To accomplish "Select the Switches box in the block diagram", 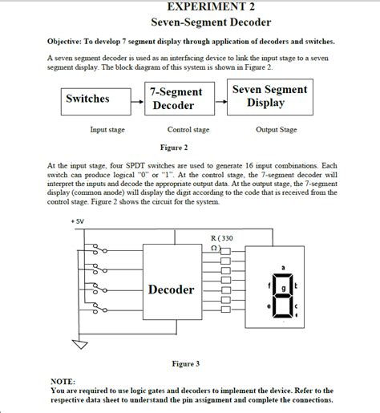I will (87, 99).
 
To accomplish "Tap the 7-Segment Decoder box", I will (176, 99).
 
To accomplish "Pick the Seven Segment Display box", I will (270, 97).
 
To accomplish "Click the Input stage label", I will (107, 129).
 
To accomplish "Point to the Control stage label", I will (188, 129).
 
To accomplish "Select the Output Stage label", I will (277, 129).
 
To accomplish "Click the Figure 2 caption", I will (174, 148).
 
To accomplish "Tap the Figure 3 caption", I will (185, 363).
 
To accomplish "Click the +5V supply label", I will (78, 222).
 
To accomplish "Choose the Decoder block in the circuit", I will (171, 289).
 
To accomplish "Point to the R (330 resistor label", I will (220, 238).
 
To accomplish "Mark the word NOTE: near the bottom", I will (63, 381).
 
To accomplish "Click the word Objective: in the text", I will (71, 41).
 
